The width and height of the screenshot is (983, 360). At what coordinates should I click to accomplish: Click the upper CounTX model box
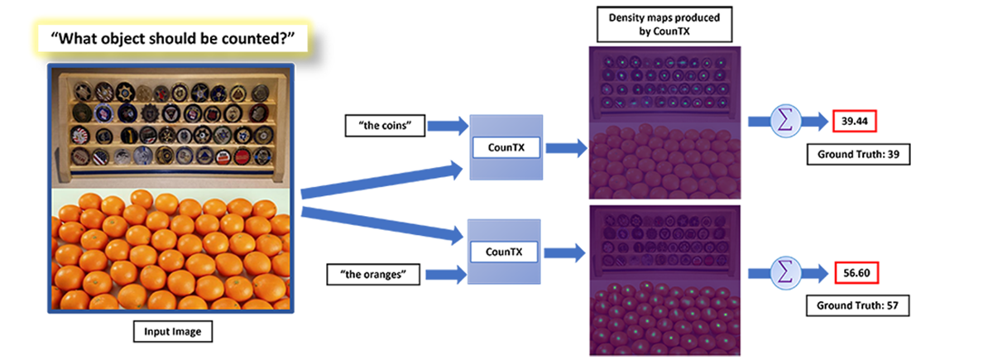505,146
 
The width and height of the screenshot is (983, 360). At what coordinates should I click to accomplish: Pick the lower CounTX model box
505,250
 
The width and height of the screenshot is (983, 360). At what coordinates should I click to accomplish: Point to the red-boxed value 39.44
855,122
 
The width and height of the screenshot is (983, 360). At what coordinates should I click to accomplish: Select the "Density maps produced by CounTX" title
664,26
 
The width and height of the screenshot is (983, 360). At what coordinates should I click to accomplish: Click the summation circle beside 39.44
783,122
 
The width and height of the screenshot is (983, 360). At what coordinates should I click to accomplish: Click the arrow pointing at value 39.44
815,122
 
